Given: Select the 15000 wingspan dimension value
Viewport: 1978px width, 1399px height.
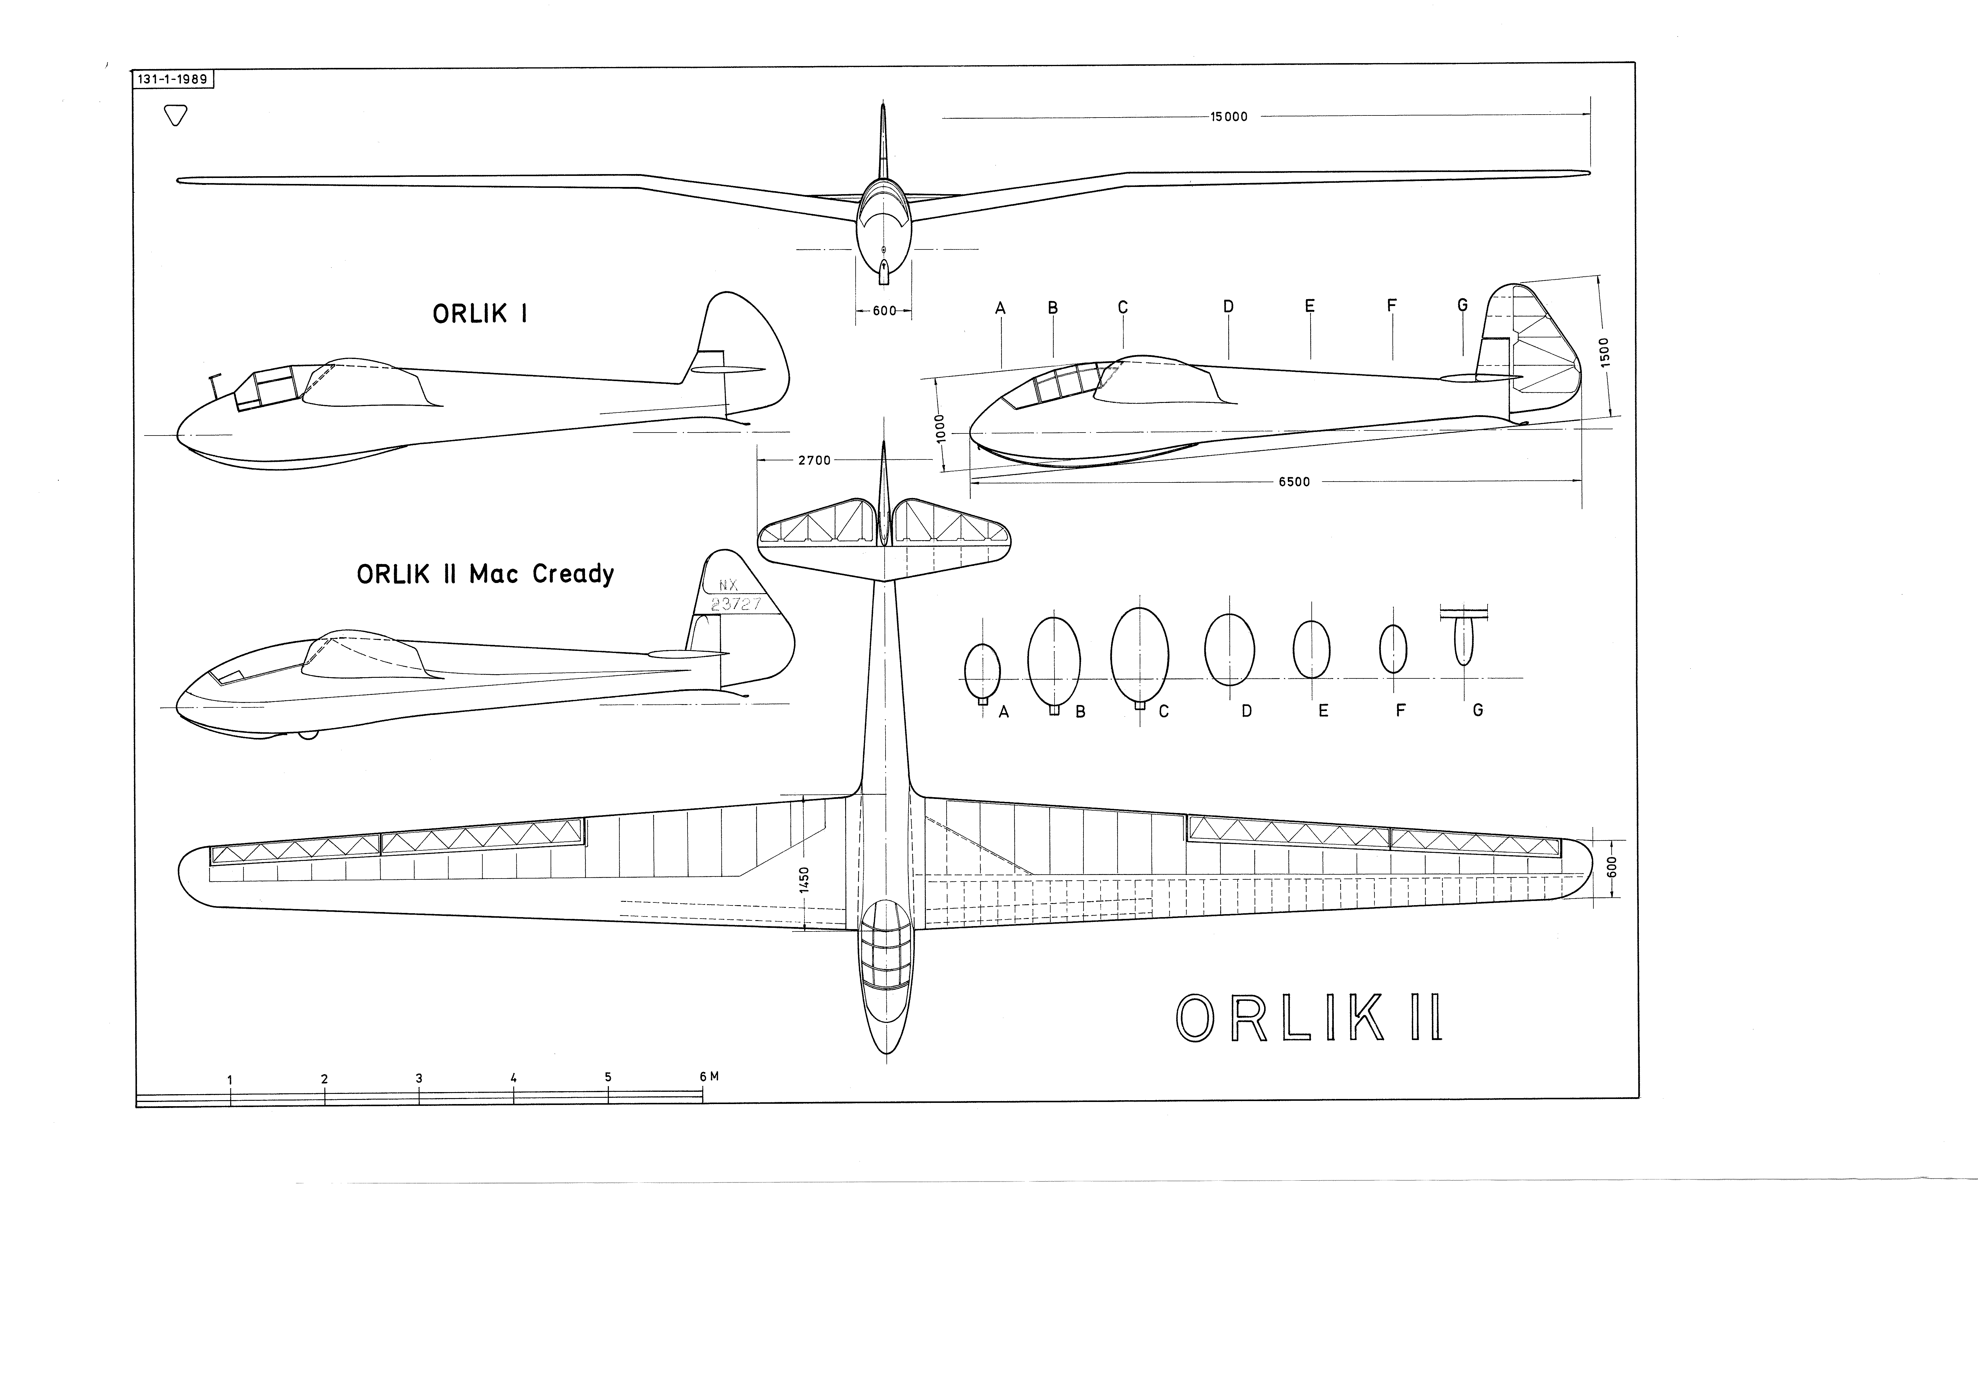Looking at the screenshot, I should point(1229,117).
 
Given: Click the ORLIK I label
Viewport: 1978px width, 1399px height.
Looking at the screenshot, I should point(480,313).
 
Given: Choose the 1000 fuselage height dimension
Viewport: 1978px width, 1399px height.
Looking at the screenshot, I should point(940,428).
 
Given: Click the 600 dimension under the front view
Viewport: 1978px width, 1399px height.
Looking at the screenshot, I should point(884,311).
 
